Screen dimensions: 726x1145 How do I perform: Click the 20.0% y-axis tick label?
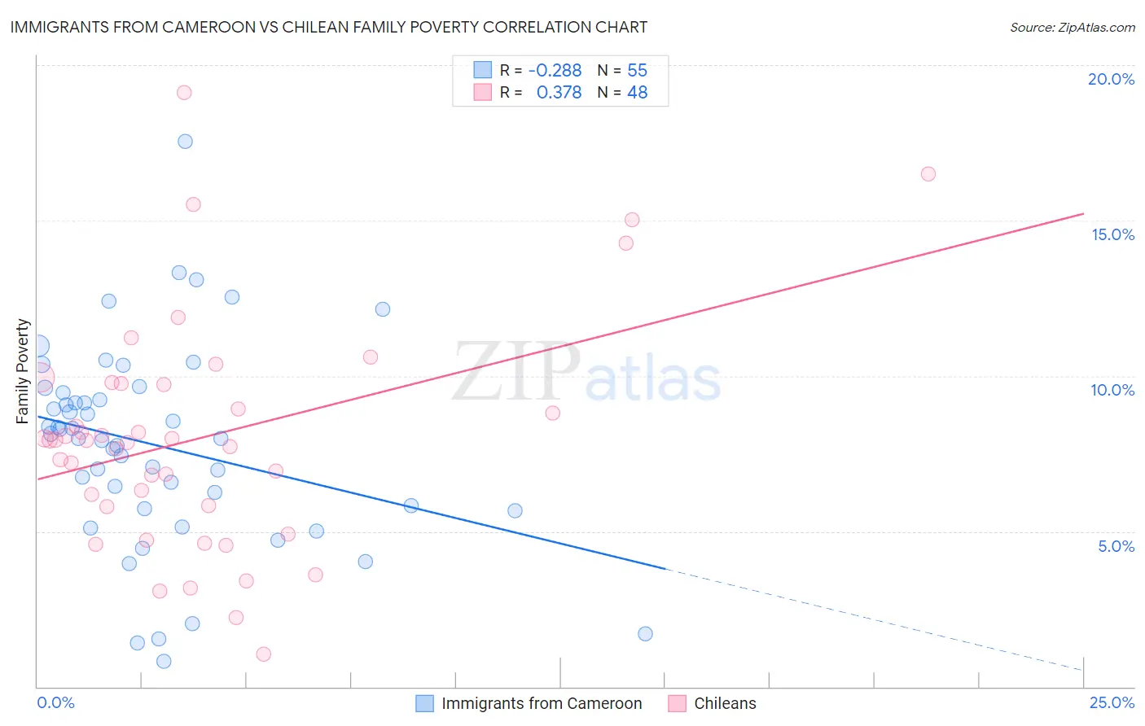[1111, 79]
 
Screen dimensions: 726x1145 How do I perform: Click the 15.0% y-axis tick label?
[1112, 234]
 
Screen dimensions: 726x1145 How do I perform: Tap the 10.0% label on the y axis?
[1112, 390]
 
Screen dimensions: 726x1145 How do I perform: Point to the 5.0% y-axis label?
[1116, 546]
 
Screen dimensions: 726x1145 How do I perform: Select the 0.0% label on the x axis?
[55, 702]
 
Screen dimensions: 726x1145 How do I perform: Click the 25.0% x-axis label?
[1112, 702]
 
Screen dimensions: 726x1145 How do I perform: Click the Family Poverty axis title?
[23, 371]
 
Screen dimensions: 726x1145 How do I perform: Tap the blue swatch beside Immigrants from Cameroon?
[424, 703]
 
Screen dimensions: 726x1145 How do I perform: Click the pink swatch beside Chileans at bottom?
[677, 703]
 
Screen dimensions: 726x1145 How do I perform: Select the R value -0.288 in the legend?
[555, 71]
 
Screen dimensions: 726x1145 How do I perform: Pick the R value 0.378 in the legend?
[559, 93]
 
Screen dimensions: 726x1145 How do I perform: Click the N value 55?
[637, 71]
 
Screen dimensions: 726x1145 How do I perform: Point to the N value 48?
[637, 93]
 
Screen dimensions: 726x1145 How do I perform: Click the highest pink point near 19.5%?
[184, 93]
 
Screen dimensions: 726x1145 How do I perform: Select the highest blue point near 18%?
[185, 142]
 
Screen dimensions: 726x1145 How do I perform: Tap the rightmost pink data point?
[928, 174]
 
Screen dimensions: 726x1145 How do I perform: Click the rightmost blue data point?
[645, 634]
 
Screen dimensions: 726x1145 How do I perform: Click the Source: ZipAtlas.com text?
[1072, 28]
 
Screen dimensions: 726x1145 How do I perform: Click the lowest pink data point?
[263, 654]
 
